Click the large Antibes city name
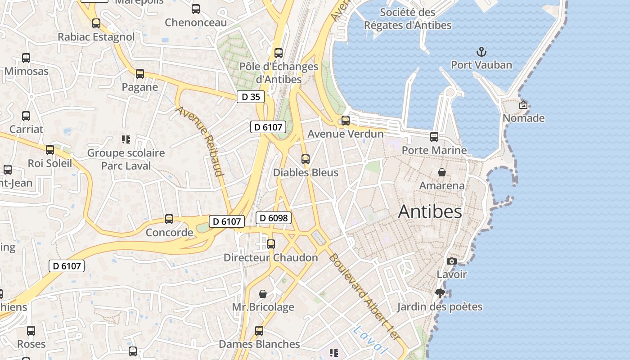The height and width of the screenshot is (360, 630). coord(430,211)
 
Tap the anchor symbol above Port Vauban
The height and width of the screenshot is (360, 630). coord(481,51)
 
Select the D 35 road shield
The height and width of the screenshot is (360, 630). coord(251,97)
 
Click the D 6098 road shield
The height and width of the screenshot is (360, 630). coord(274,218)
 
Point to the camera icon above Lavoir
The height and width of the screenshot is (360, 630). coord(452,261)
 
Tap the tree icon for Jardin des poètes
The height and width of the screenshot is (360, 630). coord(440,294)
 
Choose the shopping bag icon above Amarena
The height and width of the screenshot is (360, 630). coord(442,172)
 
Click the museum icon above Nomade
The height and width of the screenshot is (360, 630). coord(523,105)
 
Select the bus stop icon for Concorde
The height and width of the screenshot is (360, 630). coord(169,219)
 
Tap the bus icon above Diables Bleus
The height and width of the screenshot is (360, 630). coord(306,159)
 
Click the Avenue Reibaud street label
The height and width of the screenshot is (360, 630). coord(200,141)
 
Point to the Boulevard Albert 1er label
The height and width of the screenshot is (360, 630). coord(364,297)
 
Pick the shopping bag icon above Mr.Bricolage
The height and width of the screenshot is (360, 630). coord(263,294)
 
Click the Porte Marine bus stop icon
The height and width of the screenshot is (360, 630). coord(434,136)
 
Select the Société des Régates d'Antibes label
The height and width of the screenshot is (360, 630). coord(408,18)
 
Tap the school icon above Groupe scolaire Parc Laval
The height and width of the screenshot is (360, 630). coord(126,139)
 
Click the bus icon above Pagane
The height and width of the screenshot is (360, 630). coord(140,73)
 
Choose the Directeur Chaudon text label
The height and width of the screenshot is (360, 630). coord(271,258)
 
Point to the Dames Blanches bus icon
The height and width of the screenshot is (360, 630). coord(259,331)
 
